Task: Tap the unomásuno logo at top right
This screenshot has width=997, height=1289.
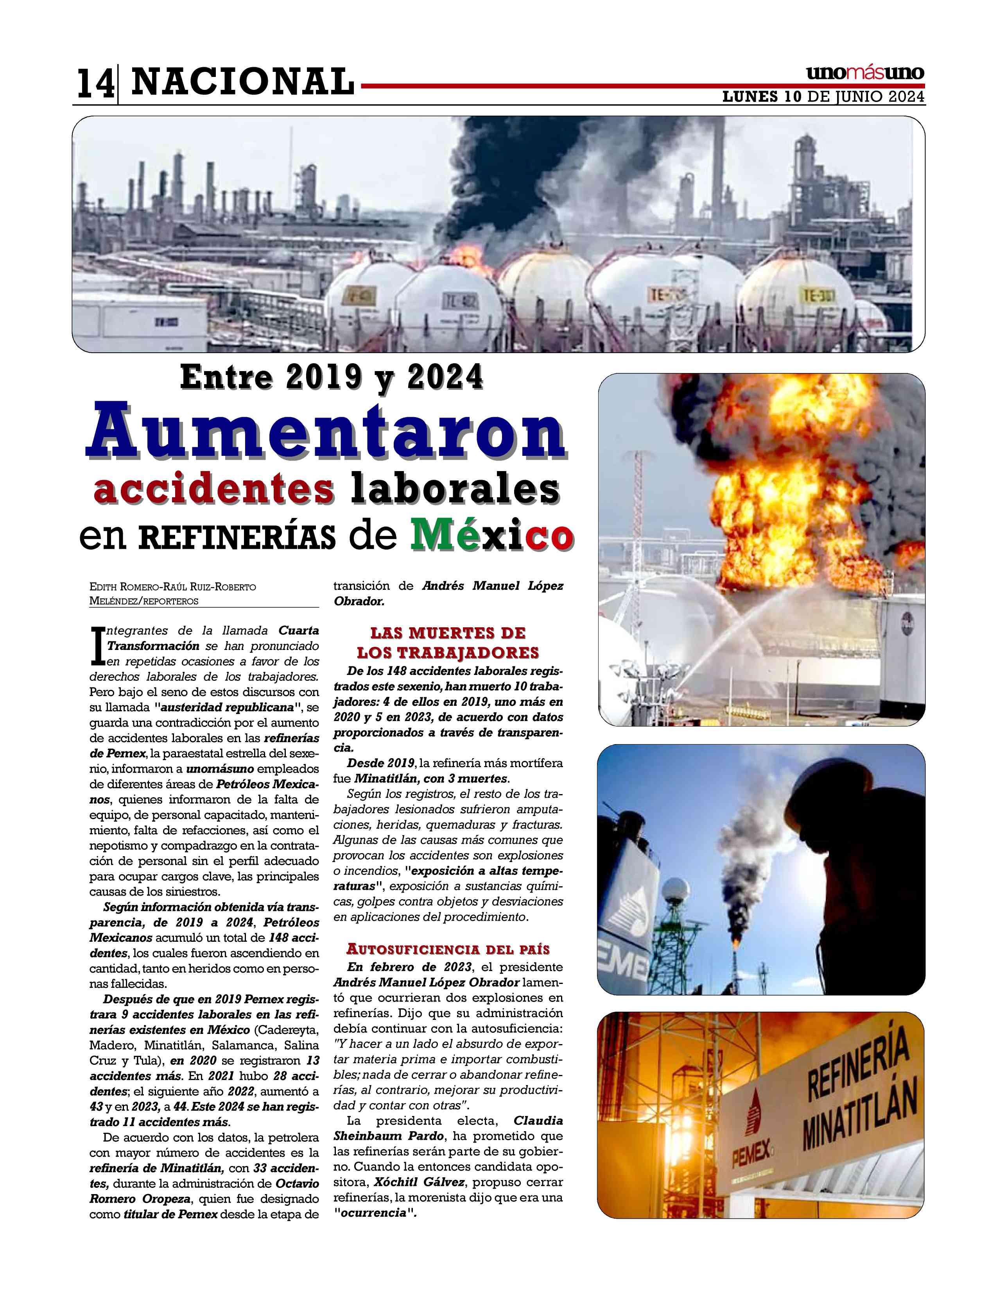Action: coord(865,73)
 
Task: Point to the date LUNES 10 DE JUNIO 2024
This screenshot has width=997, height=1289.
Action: coord(823,97)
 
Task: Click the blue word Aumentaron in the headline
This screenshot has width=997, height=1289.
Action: coord(326,434)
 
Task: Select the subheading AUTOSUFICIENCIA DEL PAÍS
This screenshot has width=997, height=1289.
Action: coord(448,950)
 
